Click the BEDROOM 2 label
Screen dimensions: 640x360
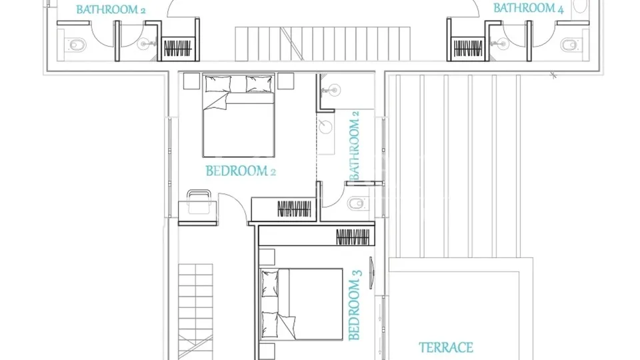(x=241, y=171)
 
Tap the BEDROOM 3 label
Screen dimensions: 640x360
(x=355, y=305)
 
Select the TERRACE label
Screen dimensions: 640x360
(x=446, y=347)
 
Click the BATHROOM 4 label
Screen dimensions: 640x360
(x=528, y=8)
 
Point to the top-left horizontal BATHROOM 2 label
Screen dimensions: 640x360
(x=111, y=9)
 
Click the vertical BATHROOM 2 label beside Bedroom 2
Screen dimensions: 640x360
(x=354, y=145)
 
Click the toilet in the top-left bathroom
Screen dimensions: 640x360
(x=77, y=45)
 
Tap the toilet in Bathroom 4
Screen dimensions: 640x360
(x=569, y=45)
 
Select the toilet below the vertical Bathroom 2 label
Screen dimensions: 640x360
(x=356, y=203)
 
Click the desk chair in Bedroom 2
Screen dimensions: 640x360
(x=199, y=201)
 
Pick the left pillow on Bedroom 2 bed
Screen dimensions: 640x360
(x=218, y=84)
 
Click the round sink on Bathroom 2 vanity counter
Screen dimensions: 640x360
(x=326, y=127)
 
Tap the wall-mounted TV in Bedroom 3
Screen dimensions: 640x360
(x=371, y=273)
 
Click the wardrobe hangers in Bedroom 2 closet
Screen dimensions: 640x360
(x=294, y=209)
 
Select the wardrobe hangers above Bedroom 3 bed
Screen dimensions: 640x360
(x=353, y=237)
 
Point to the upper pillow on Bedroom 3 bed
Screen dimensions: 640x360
(x=269, y=283)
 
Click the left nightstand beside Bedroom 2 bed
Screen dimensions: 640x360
(x=191, y=81)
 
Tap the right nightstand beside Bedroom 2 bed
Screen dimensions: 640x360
(x=286, y=81)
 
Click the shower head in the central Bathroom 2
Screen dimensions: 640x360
(x=335, y=90)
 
